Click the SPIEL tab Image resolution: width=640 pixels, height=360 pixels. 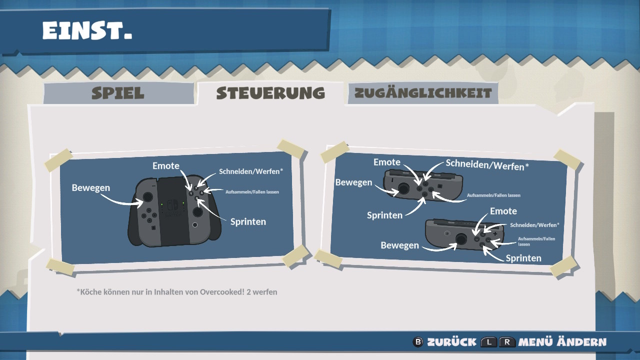pos(118,93)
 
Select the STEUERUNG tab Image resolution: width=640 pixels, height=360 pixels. pos(270,93)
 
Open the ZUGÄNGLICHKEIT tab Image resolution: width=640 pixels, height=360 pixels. pos(423,93)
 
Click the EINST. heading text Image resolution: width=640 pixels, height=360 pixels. pos(87,30)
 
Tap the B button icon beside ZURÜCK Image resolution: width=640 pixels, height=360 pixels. pos(418,341)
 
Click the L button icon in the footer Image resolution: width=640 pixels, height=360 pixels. pos(489,342)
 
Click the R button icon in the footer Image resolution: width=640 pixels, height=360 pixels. pos(507,342)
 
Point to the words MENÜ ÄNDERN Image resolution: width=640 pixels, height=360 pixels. pos(562,341)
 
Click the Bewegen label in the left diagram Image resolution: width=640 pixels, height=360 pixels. pos(91,187)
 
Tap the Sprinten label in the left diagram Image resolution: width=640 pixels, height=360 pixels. pos(248,221)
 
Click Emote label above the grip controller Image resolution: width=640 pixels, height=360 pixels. pos(165,165)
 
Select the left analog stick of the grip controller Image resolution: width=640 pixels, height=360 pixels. pos(147,197)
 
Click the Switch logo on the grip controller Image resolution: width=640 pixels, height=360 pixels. pos(172,204)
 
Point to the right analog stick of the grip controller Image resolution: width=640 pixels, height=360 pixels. pos(197,211)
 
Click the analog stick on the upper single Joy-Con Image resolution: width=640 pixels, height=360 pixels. pos(403,188)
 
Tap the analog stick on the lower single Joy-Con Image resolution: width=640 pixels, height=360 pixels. pos(461,239)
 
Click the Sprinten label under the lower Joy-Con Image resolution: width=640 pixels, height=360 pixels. pos(523,258)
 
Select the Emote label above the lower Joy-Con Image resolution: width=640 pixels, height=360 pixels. pos(503,211)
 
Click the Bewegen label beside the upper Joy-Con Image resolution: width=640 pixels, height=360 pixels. pos(353,182)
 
